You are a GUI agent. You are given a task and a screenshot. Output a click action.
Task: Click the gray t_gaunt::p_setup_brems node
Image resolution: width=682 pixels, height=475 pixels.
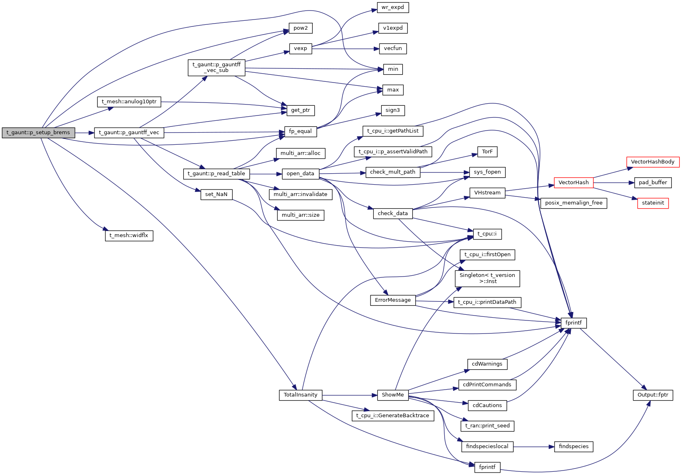pyautogui.click(x=38, y=133)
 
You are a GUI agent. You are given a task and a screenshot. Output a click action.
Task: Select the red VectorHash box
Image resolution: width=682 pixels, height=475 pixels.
pyautogui.click(x=573, y=183)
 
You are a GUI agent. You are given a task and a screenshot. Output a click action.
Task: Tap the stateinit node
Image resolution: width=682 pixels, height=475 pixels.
pyautogui.click(x=653, y=203)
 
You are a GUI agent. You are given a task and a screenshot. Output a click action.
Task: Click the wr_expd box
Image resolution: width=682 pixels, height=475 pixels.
pyautogui.click(x=393, y=7)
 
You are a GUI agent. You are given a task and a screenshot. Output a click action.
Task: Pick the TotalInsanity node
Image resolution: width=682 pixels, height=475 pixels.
pyautogui.click(x=300, y=395)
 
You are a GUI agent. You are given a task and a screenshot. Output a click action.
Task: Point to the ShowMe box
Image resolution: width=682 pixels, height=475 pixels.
pyautogui.click(x=393, y=395)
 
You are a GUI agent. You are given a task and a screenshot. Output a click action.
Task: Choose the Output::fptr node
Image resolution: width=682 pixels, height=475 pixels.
pyautogui.click(x=653, y=395)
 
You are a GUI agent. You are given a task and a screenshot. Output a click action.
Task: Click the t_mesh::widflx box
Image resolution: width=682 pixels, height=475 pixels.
pyautogui.click(x=129, y=235)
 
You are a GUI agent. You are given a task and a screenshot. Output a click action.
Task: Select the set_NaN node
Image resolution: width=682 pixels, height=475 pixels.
pyautogui.click(x=216, y=194)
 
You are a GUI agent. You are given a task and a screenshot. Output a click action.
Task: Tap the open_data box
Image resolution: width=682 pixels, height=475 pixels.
pyautogui.click(x=300, y=174)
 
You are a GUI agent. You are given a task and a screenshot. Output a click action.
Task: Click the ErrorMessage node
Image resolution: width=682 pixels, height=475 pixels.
pyautogui.click(x=393, y=300)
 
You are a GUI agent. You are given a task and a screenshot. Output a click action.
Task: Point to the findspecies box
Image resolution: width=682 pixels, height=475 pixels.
pyautogui.click(x=573, y=447)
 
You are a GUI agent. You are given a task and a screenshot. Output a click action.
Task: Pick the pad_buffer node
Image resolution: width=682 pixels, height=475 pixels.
pyautogui.click(x=653, y=183)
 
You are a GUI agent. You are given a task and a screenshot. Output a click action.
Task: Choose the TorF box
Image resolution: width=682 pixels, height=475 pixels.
pyautogui.click(x=487, y=152)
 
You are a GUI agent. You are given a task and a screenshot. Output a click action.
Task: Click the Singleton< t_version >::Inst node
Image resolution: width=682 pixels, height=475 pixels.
pyautogui.click(x=487, y=278)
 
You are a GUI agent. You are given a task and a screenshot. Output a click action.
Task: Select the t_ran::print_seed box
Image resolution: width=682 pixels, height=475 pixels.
pyautogui.click(x=487, y=426)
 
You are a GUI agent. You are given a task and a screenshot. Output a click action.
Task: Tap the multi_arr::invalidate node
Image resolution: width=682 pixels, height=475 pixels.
pyautogui.click(x=300, y=194)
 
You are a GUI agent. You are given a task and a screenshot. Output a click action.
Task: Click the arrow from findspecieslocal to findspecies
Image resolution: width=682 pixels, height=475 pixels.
pyautogui.click(x=533, y=447)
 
